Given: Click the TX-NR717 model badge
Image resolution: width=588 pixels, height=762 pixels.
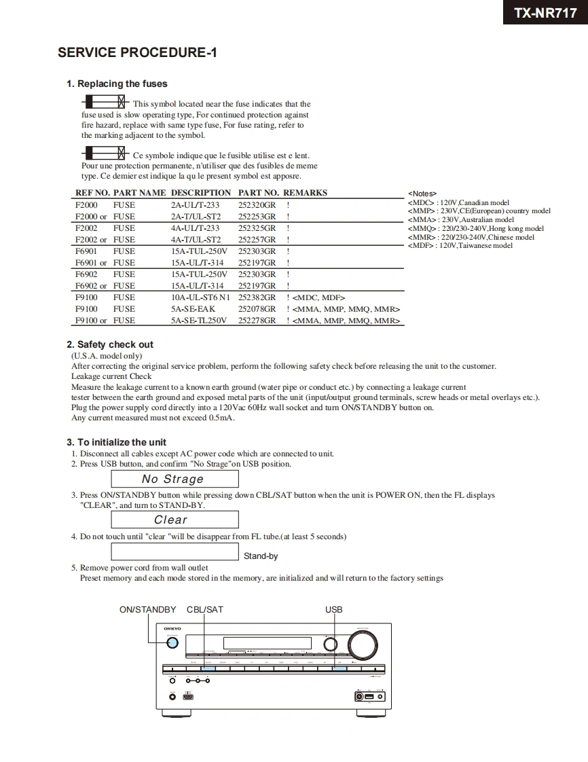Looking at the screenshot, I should click(545, 12).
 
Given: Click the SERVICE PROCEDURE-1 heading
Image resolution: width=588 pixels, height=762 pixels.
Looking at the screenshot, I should click(137, 53).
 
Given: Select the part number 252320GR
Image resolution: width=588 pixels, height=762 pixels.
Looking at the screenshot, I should click(257, 205).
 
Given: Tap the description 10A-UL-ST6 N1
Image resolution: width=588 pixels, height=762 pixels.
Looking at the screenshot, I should click(200, 297).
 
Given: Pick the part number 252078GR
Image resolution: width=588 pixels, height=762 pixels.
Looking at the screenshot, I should click(257, 309).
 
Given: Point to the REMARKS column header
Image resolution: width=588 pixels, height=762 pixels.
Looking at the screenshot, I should click(305, 193).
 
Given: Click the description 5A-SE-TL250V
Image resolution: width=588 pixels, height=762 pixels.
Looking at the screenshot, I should click(199, 321).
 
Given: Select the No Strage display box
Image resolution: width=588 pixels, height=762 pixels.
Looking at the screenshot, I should click(174, 479).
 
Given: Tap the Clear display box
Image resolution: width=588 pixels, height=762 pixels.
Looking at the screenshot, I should click(174, 520).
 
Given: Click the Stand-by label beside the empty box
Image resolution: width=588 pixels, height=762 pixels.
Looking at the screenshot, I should click(261, 556).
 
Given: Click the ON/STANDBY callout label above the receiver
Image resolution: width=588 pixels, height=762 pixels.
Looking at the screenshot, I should click(147, 610).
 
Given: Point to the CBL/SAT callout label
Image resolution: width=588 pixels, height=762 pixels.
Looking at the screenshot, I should click(205, 610).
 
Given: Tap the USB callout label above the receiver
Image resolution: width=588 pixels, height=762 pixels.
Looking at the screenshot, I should click(333, 610).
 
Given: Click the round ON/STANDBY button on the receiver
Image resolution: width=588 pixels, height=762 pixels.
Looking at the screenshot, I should click(172, 644).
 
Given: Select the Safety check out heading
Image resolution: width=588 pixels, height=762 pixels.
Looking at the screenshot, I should click(110, 345).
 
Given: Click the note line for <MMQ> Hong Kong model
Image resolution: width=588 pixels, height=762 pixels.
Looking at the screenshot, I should click(475, 229).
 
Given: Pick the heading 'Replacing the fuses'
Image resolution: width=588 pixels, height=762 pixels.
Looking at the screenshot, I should click(117, 84).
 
